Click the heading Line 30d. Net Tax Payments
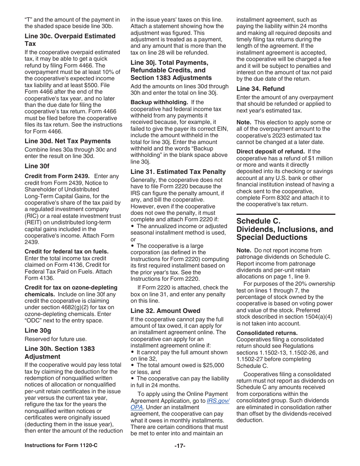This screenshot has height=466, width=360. tap(67, 141)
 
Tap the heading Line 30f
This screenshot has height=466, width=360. tap(37, 166)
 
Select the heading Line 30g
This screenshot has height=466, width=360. tap(37, 330)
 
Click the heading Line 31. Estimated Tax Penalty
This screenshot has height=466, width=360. tap(178, 172)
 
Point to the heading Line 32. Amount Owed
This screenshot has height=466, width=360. tap(165, 311)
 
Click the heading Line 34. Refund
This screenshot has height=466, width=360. tap(260, 89)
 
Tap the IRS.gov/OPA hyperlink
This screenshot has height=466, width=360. tap(218, 401)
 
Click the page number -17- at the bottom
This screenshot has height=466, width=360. tap(180, 446)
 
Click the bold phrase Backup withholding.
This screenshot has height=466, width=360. tap(159, 102)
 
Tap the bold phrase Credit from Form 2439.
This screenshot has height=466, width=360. tap(57, 176)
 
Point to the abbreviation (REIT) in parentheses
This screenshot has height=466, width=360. tap(33, 222)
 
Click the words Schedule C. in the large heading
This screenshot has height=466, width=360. tap(258, 221)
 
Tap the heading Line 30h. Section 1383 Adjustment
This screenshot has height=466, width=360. tap(59, 352)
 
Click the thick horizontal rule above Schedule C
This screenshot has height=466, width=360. tap(286, 214)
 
